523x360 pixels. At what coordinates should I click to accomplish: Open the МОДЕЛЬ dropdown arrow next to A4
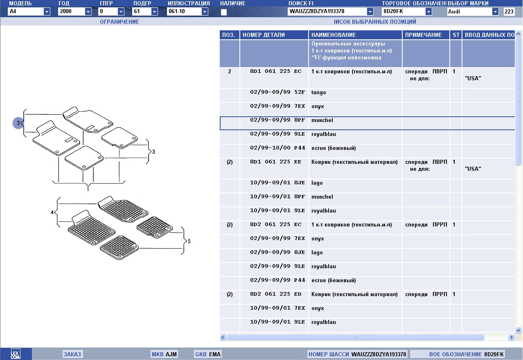click(x=47, y=11)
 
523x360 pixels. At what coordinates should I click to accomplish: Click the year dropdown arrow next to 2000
click(x=88, y=11)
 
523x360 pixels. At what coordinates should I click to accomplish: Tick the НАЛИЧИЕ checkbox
click(x=224, y=12)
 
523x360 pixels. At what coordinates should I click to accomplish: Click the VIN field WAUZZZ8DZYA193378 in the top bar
click(x=327, y=11)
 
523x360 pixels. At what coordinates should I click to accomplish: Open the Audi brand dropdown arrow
click(x=495, y=11)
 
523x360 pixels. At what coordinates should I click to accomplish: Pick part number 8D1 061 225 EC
click(x=276, y=71)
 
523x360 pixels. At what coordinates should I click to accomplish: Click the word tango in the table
click(x=318, y=93)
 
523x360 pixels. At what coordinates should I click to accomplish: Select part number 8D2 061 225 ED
click(x=276, y=294)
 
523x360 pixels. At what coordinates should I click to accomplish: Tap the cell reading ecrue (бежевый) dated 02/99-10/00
click(x=334, y=148)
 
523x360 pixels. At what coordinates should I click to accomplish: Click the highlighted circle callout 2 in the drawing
click(x=18, y=123)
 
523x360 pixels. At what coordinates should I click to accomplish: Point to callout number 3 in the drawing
click(x=153, y=152)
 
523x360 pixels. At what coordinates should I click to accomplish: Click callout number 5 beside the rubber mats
click(x=189, y=241)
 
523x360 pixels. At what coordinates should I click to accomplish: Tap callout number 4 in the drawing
click(x=52, y=213)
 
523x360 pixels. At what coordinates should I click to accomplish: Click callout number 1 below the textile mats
click(x=88, y=189)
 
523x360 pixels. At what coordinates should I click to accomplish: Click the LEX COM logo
click(x=16, y=354)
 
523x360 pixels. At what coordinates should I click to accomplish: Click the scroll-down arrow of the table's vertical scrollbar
click(x=518, y=330)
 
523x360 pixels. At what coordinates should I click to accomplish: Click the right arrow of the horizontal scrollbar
click(x=511, y=337)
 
